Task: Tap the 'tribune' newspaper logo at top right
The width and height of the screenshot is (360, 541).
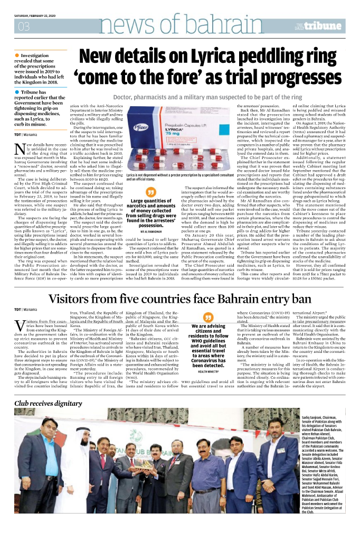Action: [x=331, y=25]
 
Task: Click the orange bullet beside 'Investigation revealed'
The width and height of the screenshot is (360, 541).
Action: [x=16, y=55]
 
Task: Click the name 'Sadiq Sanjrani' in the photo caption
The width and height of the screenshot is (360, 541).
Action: [x=317, y=417]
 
